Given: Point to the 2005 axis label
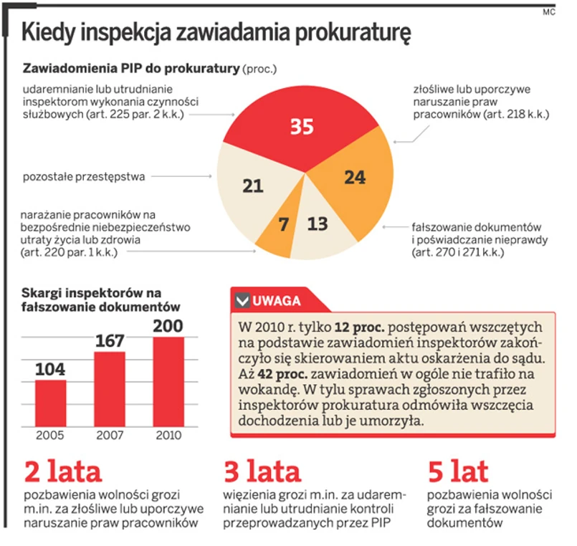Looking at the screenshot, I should (x=50, y=435).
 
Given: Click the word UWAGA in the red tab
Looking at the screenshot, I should (x=276, y=301).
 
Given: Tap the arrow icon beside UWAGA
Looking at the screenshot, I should (x=242, y=301).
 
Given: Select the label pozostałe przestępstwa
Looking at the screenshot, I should (x=84, y=175).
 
